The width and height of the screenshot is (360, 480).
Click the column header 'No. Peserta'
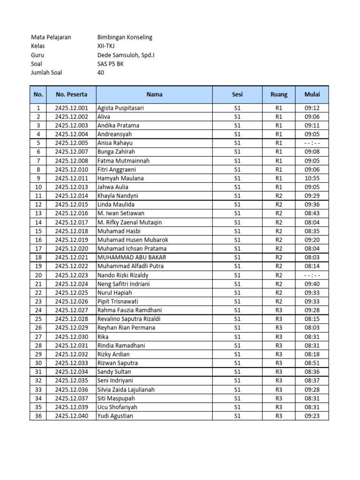coord(71,94)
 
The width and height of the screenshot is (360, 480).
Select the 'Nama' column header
coord(154,94)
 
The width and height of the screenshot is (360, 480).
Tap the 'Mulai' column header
coord(312,94)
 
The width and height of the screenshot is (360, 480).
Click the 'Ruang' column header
coord(278,94)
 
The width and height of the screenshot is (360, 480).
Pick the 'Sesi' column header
coord(237,94)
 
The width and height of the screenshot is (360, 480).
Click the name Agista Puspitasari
coord(120,108)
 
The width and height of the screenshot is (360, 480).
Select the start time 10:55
coord(312,178)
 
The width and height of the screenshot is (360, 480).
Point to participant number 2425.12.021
coord(71,257)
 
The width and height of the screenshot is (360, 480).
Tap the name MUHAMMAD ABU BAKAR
coord(132,257)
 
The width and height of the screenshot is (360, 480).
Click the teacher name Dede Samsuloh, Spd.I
coord(126,55)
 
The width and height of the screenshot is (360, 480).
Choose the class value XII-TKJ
coord(106,46)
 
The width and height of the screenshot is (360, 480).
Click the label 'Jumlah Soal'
coord(46,72)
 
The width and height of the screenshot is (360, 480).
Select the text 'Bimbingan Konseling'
coord(124,37)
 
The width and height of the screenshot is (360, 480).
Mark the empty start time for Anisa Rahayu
coord(312,143)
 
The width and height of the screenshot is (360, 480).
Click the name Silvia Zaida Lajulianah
coord(126,390)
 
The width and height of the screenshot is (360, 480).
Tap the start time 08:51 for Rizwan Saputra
coord(312,363)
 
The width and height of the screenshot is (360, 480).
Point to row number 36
coord(38,416)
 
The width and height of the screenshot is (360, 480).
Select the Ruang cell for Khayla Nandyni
coord(278,195)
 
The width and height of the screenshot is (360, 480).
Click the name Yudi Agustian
coord(115,416)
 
